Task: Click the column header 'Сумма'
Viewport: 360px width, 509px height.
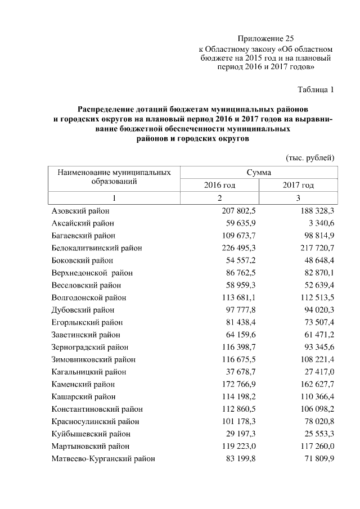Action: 258,172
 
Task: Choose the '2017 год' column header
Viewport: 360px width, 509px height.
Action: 298,185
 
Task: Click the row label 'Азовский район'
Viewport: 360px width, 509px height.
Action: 80,211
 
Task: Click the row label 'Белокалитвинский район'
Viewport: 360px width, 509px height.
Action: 96,248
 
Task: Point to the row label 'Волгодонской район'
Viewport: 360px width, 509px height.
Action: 88,298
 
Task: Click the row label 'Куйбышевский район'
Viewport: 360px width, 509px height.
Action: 91,434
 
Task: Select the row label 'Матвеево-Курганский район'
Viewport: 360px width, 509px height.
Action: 103,458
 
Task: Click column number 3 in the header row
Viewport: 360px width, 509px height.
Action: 298,198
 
